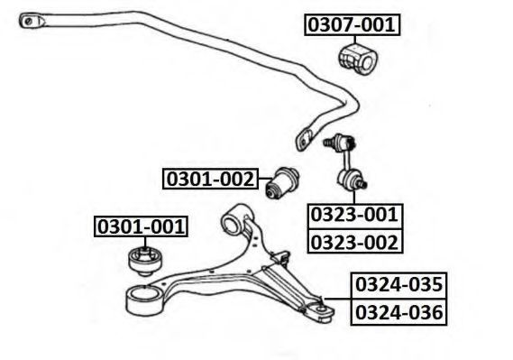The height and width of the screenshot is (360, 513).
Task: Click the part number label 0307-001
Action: tap(352, 24)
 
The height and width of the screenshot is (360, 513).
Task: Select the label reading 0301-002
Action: tap(210, 179)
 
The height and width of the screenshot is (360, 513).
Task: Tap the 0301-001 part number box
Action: tap(141, 226)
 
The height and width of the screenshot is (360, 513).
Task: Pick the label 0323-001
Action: tap(354, 216)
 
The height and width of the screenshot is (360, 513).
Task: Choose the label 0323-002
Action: tap(354, 241)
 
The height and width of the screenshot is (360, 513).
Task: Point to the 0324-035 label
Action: tap(398, 285)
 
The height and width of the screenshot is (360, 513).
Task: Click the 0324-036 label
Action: tap(398, 312)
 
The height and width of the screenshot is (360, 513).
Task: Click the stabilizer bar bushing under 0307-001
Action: tap(358, 60)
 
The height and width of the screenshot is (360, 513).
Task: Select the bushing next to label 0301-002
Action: tap(281, 182)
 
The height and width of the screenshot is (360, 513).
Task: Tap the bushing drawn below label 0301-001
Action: tap(145, 262)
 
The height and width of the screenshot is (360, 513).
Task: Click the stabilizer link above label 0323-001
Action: tap(346, 162)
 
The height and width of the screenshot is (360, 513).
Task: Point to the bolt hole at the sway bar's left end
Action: tap(29, 22)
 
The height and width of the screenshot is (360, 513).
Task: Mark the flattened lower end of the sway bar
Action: tap(305, 140)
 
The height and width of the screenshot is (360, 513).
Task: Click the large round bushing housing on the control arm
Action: tap(144, 300)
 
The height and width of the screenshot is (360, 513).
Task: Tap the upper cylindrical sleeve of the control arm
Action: tap(235, 218)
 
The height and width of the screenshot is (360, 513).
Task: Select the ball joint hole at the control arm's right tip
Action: tap(321, 309)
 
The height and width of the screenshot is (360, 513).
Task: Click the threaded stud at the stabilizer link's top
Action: tap(328, 143)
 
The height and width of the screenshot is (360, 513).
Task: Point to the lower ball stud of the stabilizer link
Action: tap(362, 183)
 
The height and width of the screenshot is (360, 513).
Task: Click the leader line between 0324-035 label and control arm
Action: tap(337, 299)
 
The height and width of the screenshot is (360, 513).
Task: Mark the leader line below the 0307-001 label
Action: tap(355, 40)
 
